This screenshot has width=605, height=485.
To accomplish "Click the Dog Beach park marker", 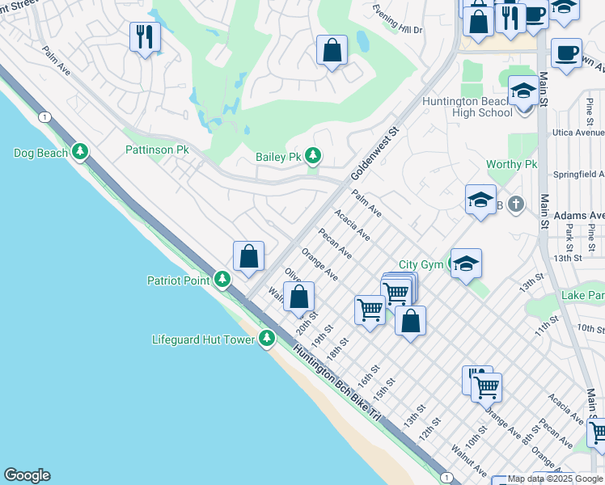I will click(79, 152).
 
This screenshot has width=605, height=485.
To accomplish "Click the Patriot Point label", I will click(178, 280).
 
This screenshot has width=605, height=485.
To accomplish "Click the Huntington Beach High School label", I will click(467, 107).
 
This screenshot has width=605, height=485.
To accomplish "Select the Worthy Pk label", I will click(511, 164).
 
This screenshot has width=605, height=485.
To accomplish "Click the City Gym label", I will click(421, 264).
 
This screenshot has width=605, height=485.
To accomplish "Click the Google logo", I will click(27, 475).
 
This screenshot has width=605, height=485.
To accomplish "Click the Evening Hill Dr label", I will click(398, 19).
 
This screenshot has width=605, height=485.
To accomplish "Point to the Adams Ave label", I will click(580, 216).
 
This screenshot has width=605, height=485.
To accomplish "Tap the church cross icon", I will click(516, 205).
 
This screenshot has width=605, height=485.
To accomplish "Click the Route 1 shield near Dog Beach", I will click(41, 116).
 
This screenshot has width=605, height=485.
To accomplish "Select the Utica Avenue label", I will click(577, 132).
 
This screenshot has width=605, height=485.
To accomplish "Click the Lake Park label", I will click(582, 297).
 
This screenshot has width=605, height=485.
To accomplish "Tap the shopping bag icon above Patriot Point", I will click(249, 256).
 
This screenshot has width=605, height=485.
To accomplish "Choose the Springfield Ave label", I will click(578, 174).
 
